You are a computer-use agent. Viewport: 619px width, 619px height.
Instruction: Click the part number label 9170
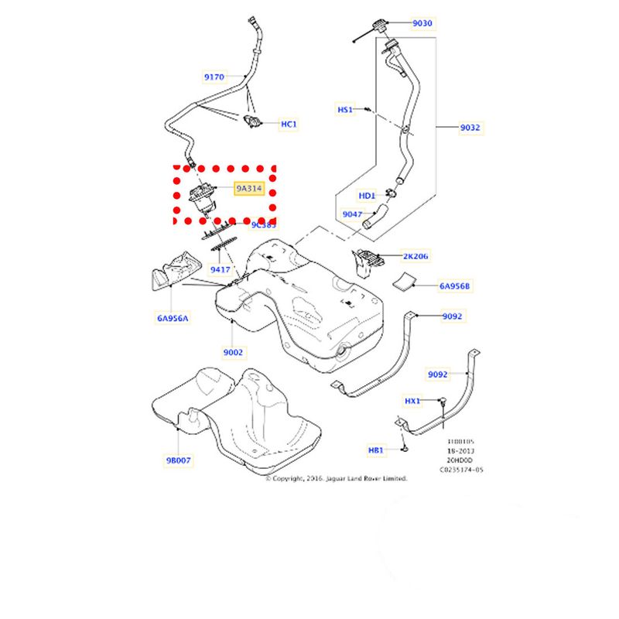[x=214, y=77]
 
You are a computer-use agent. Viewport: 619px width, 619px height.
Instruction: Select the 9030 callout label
[x=422, y=23]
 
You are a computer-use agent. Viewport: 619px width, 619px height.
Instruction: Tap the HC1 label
[x=289, y=124]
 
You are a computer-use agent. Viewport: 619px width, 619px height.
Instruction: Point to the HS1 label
[x=344, y=109]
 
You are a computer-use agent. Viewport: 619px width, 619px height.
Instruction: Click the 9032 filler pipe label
[x=470, y=126]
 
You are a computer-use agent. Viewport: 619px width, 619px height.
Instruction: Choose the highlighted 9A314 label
[x=249, y=188]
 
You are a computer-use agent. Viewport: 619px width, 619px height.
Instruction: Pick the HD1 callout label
[x=367, y=195]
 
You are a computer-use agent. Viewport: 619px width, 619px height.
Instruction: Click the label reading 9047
[x=352, y=214]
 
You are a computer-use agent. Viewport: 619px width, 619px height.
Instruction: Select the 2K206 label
[x=415, y=255]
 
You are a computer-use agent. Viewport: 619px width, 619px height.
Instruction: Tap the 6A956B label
[x=455, y=286]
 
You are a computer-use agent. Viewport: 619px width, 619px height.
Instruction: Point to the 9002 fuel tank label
[x=234, y=352]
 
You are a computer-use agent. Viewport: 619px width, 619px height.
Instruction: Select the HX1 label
[x=412, y=401]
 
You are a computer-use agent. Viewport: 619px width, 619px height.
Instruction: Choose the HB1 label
[x=376, y=450]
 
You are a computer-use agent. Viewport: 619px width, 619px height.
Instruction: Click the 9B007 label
[x=178, y=460]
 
